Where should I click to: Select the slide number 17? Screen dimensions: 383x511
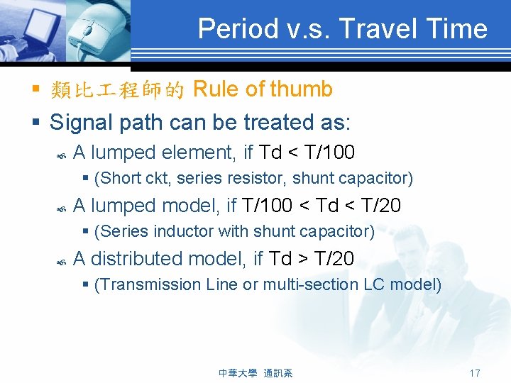coord(475,372)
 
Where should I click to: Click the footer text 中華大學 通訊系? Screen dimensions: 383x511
coord(255,372)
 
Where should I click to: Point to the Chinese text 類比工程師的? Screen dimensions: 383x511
coord(118,90)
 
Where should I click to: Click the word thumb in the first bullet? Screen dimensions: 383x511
coord(301,89)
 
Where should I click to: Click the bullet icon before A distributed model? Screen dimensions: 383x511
coord(60,260)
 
